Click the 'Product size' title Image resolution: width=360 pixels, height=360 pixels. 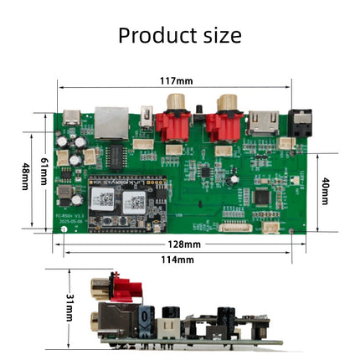[x=179, y=35]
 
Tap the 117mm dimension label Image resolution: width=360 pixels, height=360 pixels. [x=176, y=81]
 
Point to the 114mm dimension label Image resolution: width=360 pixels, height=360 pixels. [x=177, y=260]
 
